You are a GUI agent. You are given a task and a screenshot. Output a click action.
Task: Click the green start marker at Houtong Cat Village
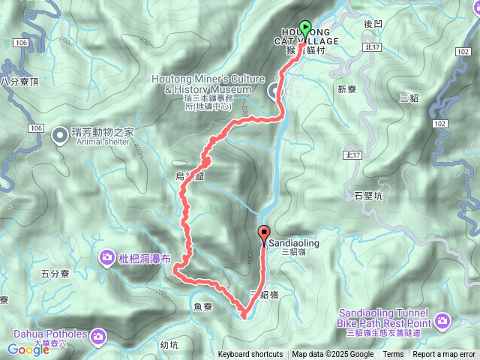pos(305,28)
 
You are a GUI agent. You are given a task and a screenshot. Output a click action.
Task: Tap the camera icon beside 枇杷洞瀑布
pos(107,259)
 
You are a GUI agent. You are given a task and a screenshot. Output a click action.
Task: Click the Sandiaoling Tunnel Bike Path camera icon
pos(444,322)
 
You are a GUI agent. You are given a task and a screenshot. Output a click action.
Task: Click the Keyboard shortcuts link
pos(250,355)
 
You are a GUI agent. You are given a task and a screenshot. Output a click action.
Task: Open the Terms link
pos(393,355)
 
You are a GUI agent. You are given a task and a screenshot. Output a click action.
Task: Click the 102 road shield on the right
pos(440,123)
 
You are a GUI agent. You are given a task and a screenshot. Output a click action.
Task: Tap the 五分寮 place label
pos(56,275)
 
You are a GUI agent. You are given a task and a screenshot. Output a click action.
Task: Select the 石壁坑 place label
pos(368,196)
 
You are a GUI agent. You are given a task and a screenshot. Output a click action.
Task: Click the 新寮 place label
pos(346,89)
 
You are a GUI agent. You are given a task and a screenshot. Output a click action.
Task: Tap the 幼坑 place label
pos(169,345)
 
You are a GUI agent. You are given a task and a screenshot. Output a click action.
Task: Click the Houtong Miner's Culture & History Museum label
pos(208,84)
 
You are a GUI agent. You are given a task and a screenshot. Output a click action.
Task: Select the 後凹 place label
pos(373,24)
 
